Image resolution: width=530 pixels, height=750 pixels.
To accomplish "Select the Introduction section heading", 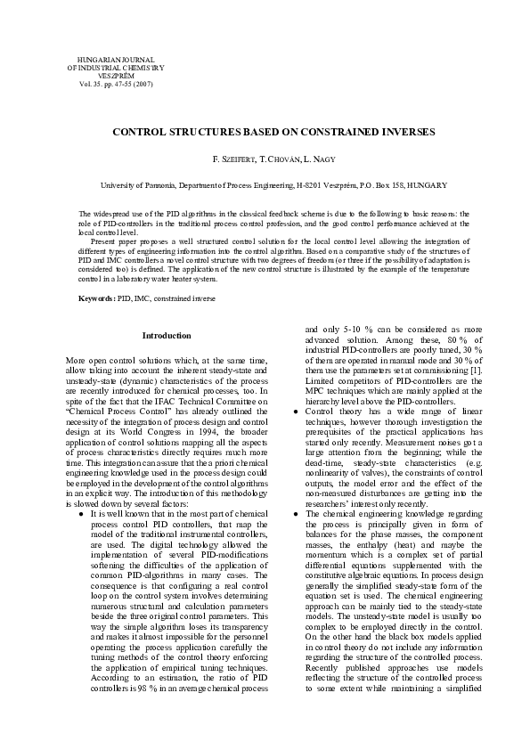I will (167, 336).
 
